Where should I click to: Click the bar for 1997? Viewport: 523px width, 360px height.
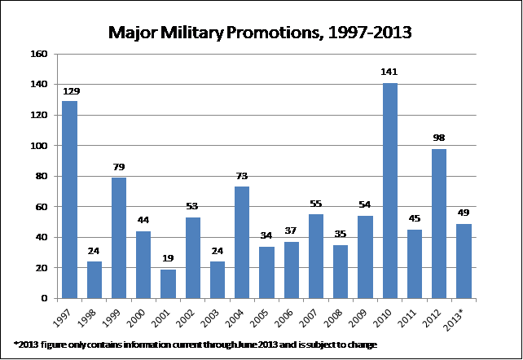point(70,200)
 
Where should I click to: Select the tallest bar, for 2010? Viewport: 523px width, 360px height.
point(389,191)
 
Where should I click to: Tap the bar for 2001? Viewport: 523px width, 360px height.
point(169,283)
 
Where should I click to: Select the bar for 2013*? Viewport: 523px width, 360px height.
point(464,261)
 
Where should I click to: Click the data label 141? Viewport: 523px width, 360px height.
point(389,72)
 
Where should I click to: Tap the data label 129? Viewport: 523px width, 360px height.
point(70,90)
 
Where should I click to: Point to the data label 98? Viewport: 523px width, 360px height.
point(439,138)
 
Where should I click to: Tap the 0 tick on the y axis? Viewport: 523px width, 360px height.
point(47,299)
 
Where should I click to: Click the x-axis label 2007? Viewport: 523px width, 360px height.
point(314,314)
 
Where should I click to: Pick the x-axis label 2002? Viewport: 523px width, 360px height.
point(191,314)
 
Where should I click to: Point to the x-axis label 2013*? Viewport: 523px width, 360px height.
point(461,315)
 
